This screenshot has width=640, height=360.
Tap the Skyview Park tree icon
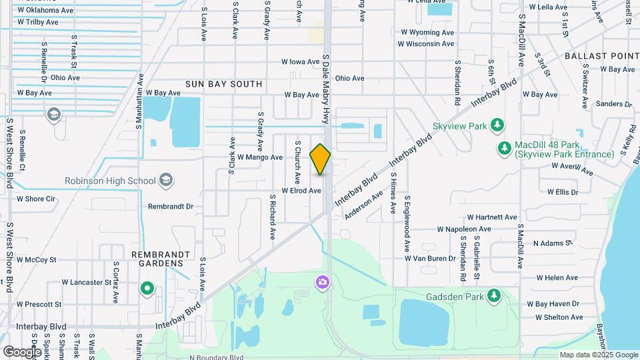(497, 125)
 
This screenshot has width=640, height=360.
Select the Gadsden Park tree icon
(493, 295)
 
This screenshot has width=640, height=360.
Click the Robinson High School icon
(166, 180)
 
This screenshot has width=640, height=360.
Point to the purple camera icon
(323, 283)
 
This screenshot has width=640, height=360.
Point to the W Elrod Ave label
(301, 191)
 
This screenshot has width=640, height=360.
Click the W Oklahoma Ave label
(46, 11)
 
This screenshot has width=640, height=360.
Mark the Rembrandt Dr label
(170, 207)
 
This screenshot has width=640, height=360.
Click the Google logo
(22, 351)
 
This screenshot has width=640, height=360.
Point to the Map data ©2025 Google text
(597, 355)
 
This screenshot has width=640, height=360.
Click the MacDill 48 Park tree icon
(505, 147)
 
